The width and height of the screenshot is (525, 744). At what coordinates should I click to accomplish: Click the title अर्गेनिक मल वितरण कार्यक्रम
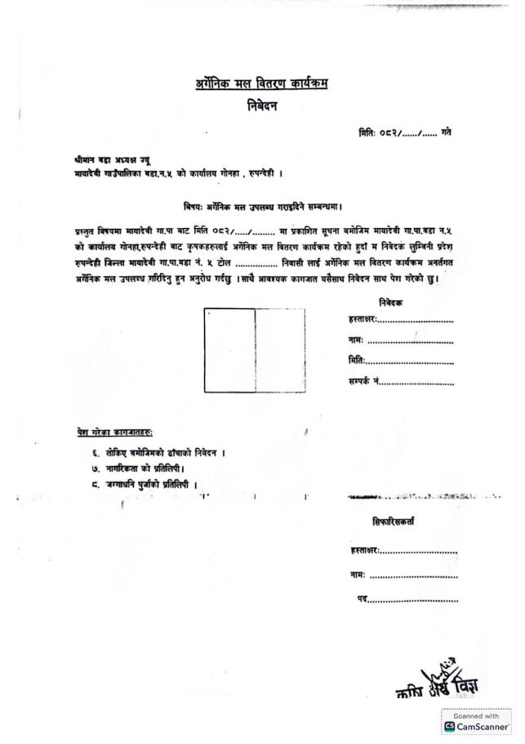[x=261, y=83]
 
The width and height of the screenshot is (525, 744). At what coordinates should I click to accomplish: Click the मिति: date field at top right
[x=405, y=132]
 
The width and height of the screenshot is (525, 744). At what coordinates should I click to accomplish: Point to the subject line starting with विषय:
[x=262, y=208]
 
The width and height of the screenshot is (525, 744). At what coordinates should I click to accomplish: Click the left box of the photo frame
[x=229, y=351]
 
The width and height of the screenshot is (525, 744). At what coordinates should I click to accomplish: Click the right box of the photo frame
[x=280, y=351]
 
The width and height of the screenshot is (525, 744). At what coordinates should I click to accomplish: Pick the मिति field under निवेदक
[x=409, y=361]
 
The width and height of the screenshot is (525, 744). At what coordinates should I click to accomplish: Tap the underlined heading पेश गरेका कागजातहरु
[x=114, y=431]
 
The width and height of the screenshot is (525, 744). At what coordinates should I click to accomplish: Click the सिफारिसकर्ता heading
[x=394, y=522]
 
